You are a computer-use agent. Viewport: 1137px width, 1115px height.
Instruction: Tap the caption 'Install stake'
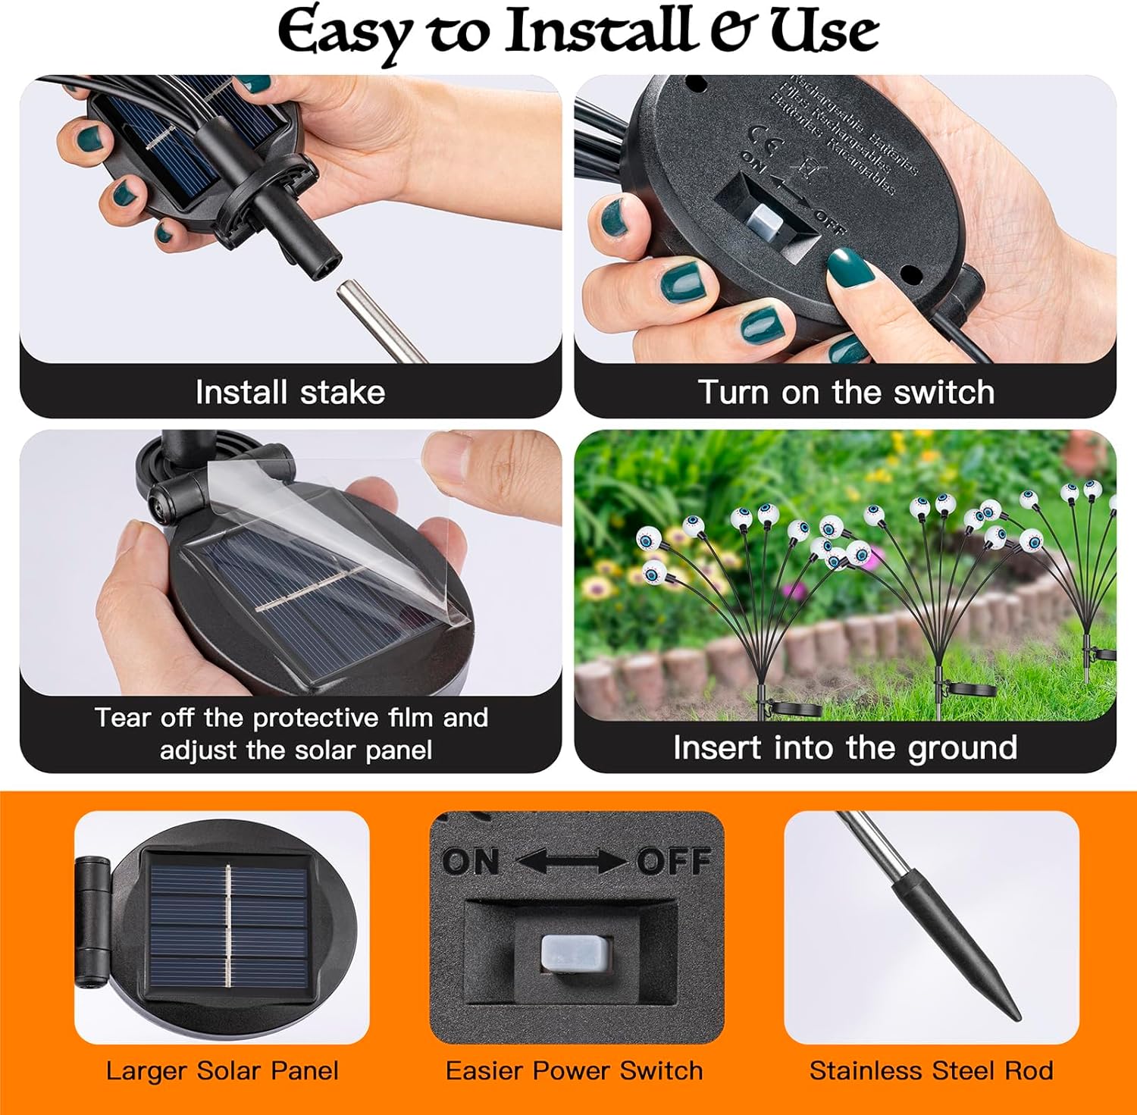[290, 393]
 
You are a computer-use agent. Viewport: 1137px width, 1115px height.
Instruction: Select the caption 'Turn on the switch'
[845, 393]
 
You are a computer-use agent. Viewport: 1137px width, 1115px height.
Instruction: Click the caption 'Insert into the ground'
[845, 748]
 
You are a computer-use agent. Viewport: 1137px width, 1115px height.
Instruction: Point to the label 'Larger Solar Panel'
[222, 1071]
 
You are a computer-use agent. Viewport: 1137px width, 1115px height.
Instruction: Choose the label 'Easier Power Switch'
[574, 1071]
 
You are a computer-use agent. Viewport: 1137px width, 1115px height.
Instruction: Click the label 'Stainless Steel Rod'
[931, 1071]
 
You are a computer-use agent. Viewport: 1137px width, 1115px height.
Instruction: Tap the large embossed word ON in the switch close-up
[470, 862]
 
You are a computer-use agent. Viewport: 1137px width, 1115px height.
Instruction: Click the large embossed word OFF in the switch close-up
[673, 862]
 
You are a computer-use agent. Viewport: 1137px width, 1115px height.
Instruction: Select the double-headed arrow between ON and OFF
[572, 862]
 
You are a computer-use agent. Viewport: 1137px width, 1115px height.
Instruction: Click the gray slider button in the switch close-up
[575, 952]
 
